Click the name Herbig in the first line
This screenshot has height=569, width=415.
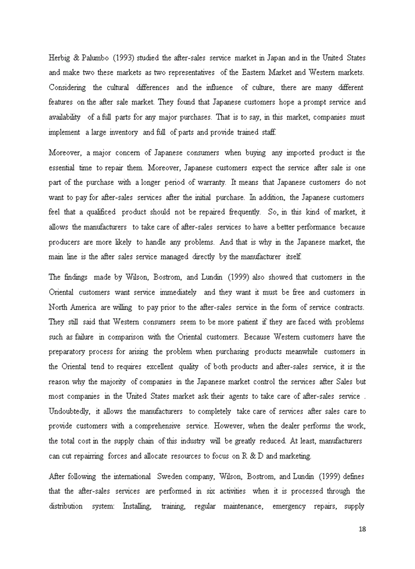click(59, 57)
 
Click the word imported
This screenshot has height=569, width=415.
click(288, 153)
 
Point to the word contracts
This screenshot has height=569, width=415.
click(347, 307)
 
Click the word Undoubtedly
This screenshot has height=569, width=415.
click(70, 411)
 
